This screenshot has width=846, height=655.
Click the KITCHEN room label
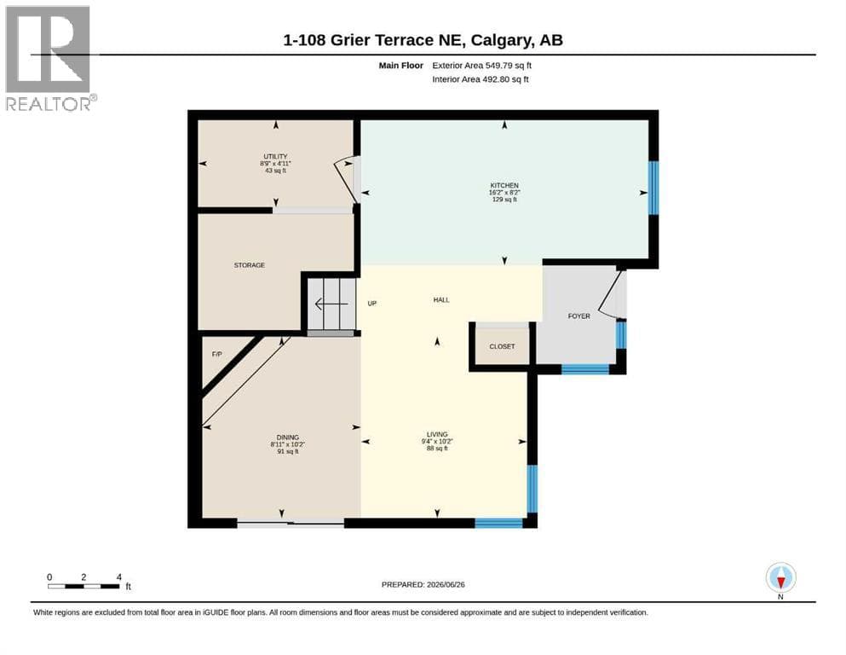tap(504, 185)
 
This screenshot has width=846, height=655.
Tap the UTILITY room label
tap(275, 157)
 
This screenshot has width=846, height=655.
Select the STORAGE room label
tap(250, 265)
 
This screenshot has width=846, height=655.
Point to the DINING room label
tap(288, 438)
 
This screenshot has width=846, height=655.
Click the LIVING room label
tap(437, 434)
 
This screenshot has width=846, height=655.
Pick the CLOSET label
tap(502, 346)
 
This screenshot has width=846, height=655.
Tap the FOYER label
tap(579, 316)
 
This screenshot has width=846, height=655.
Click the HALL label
tap(441, 299)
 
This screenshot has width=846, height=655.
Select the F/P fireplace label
tap(217, 354)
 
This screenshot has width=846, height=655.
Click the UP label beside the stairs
tap(371, 304)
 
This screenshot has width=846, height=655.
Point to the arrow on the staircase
tap(331, 304)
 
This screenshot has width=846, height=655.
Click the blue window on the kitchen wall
tap(653, 188)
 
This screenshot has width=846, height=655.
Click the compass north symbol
tap(780, 578)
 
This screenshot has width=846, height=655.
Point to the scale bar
tap(83, 586)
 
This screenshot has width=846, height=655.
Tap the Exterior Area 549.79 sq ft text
tap(482, 66)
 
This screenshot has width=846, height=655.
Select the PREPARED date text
tap(423, 584)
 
